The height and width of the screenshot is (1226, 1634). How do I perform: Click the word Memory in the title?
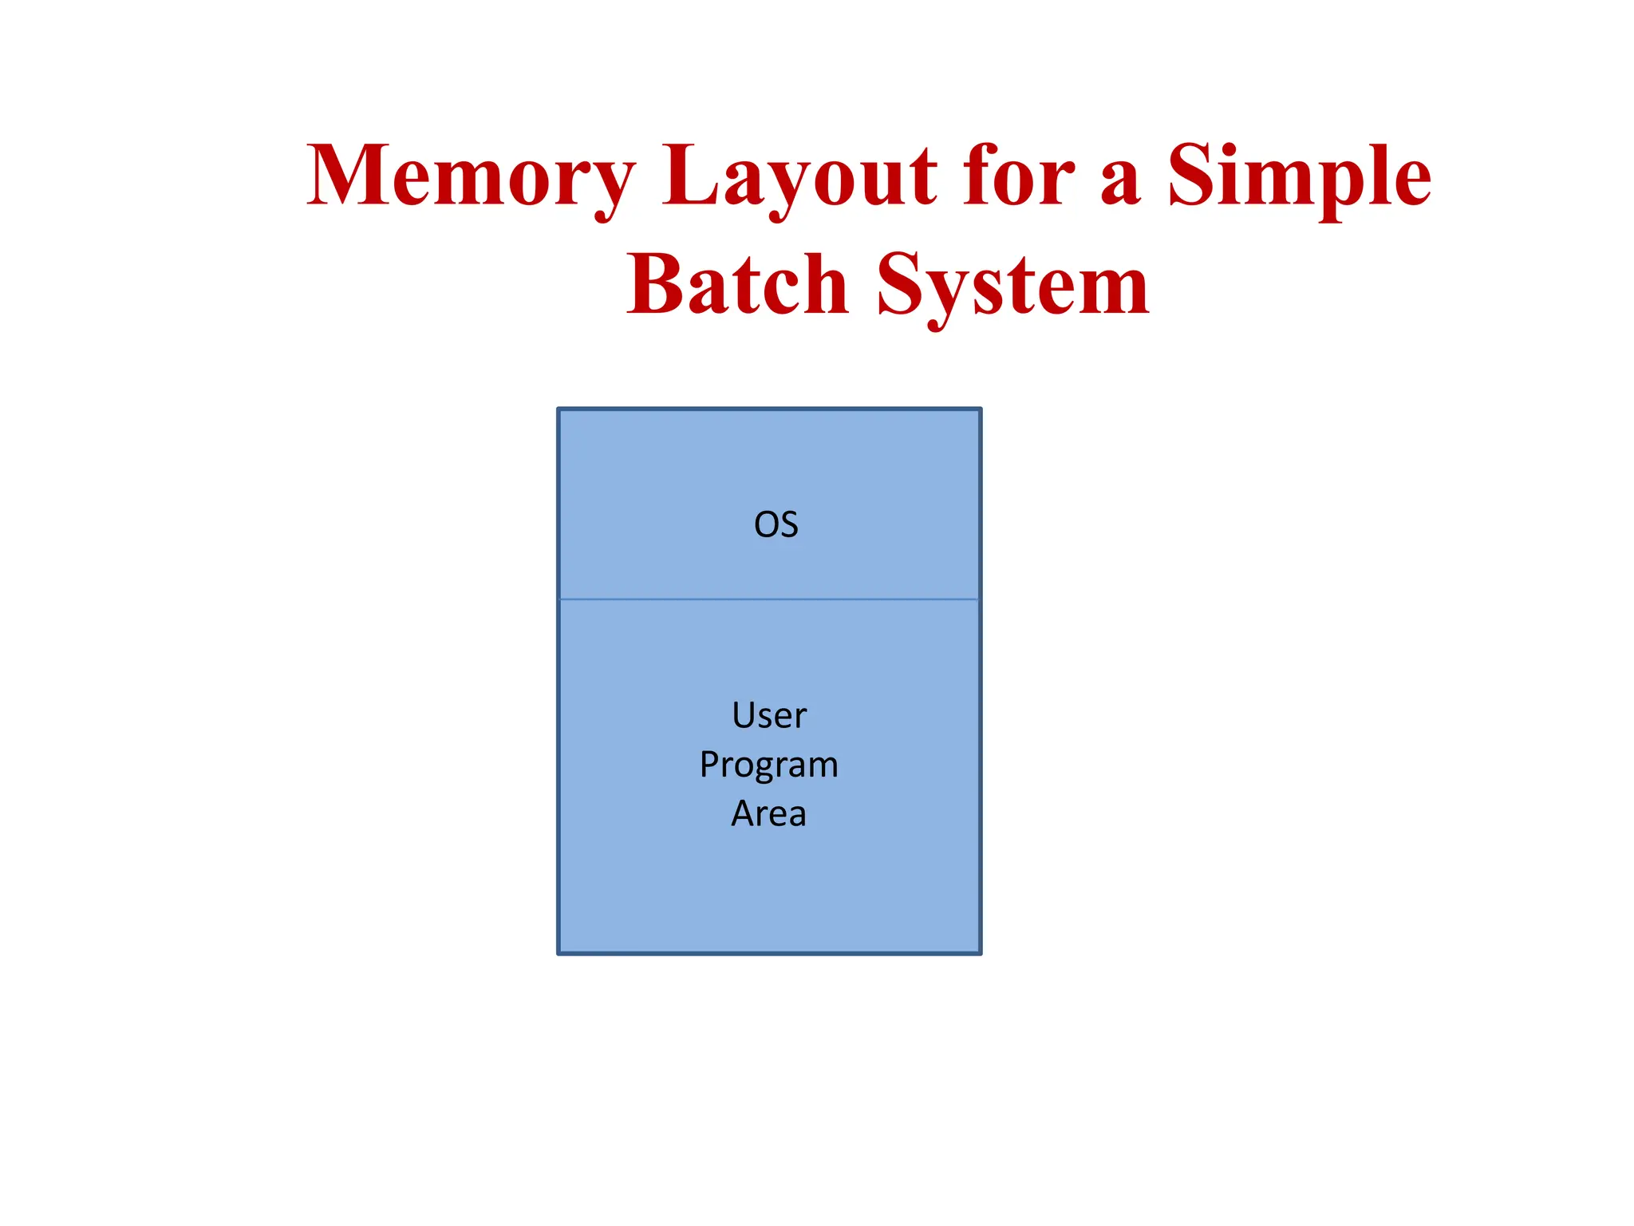pos(471,177)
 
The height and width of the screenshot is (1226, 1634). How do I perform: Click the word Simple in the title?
pos(1299,177)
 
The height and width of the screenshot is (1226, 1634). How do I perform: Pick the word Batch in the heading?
pos(737,286)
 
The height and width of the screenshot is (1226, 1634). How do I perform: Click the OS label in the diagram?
pos(776,525)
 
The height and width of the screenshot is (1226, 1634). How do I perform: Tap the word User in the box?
pos(769,716)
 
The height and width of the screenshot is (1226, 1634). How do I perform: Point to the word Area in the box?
pos(769,814)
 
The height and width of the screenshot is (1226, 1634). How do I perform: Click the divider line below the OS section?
pos(769,599)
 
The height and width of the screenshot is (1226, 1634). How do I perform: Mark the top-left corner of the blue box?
pos(559,409)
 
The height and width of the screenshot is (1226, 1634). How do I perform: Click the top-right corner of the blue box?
pos(980,409)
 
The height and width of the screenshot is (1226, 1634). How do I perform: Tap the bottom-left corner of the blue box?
pos(559,952)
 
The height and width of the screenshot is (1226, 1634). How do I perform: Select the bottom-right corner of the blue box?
pos(980,952)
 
